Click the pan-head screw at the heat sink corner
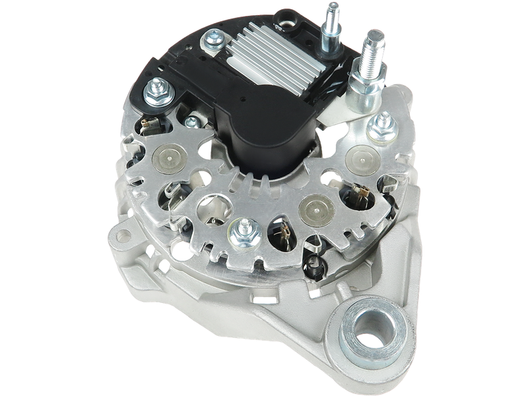(x=215, y=41)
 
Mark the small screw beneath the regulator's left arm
(x=193, y=121)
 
